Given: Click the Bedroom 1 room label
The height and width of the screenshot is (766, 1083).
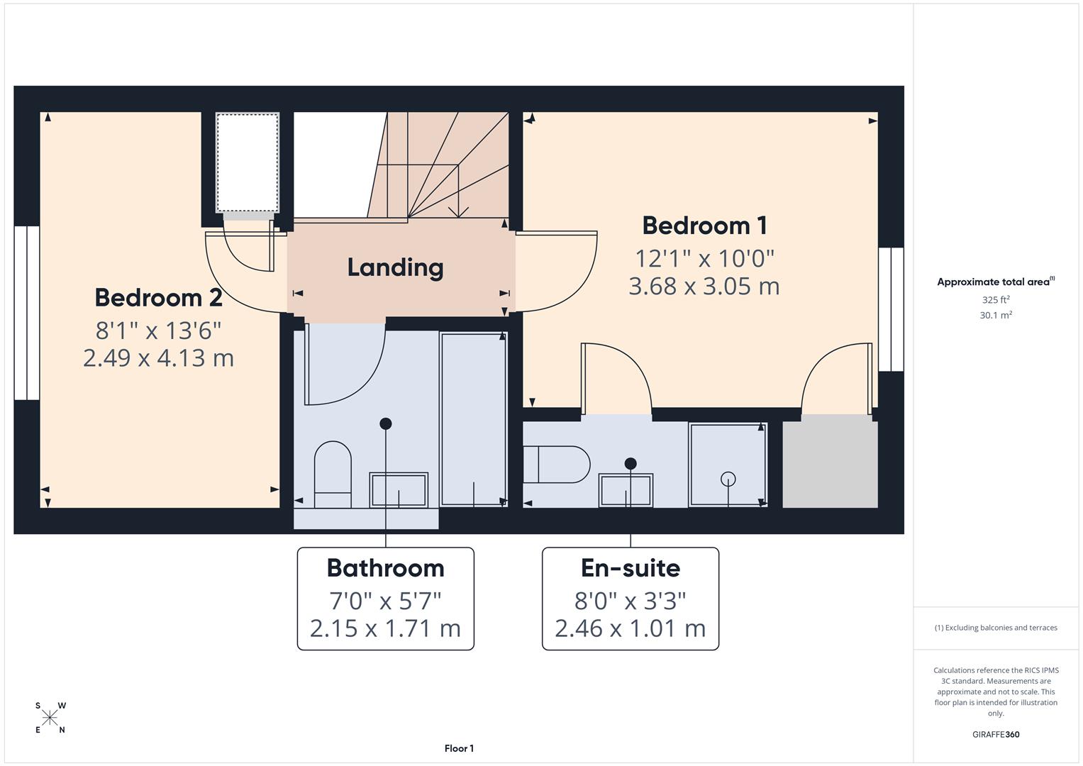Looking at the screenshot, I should (704, 226).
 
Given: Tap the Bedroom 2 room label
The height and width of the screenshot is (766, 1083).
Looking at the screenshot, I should (158, 298).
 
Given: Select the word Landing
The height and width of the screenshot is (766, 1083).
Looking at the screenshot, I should (395, 267).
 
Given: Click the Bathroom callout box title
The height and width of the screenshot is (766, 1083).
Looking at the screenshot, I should (385, 568).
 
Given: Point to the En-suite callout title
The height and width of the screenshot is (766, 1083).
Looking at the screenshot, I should (630, 568).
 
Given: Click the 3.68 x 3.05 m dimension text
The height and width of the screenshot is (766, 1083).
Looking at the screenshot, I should (704, 287).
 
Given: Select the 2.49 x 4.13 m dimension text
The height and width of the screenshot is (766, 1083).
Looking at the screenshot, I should (158, 358).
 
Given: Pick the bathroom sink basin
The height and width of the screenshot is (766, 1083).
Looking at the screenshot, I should (399, 490).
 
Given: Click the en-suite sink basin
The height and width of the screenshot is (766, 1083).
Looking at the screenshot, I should (626, 490).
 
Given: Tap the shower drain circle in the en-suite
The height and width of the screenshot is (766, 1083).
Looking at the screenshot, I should (728, 479).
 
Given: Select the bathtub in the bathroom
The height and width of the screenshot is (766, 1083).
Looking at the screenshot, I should (473, 418).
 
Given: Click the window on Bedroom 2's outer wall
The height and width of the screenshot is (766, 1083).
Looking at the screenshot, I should (27, 313).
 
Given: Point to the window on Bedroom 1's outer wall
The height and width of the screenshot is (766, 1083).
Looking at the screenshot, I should (891, 309).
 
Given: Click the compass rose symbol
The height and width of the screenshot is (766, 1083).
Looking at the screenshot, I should (50, 718).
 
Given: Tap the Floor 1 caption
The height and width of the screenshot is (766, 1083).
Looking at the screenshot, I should (459, 748).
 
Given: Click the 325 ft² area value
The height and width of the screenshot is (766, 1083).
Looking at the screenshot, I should (995, 300).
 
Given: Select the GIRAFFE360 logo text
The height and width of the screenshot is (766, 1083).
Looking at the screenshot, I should (995, 734).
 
